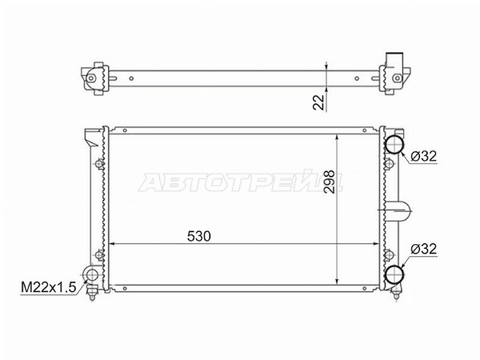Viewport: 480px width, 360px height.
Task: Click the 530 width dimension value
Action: click(199, 236)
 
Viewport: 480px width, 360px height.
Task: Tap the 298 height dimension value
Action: click(329, 182)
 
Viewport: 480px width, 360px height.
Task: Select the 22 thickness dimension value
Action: click(318, 102)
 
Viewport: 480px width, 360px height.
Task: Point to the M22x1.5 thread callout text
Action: click(48, 287)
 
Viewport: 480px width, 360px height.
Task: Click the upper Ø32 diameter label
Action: click(423, 157)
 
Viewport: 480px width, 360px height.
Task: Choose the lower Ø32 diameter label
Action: click(423, 249)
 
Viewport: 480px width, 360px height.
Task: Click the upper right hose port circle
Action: click(394, 144)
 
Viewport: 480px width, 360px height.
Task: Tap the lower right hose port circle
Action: click(394, 274)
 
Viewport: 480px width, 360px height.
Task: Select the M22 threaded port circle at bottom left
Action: click(91, 274)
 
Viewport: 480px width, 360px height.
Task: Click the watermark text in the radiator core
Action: click(241, 182)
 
